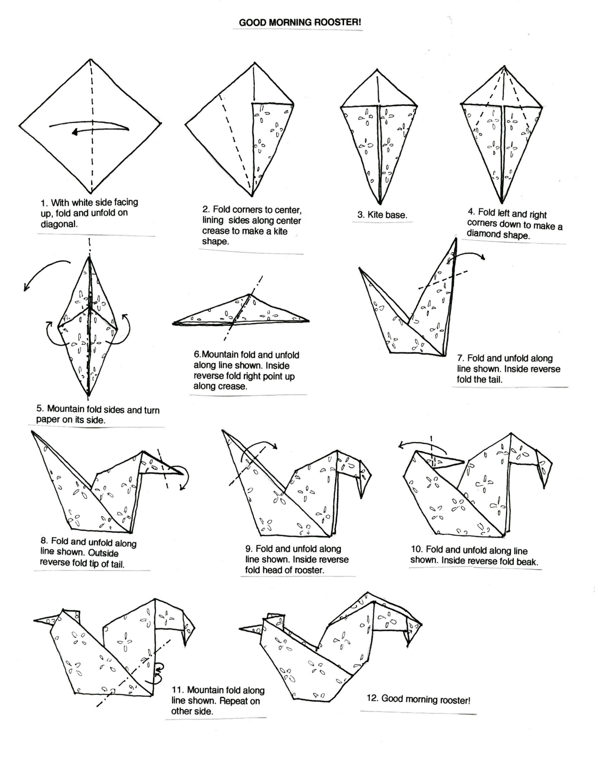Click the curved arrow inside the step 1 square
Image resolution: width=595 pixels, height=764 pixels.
click(90, 127)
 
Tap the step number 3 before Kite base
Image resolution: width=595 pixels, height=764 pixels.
click(361, 215)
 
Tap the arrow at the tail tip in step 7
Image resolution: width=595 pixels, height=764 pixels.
click(471, 255)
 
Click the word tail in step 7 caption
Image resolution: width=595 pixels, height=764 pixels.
click(495, 380)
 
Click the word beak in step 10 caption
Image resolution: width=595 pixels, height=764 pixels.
click(526, 562)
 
